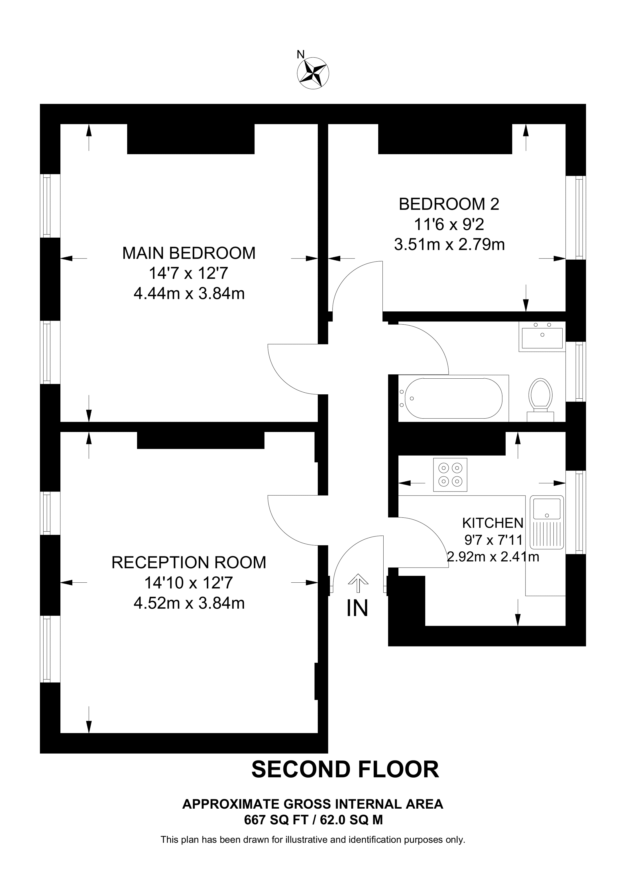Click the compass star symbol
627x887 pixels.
[x=313, y=74]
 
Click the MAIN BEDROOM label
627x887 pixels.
[x=189, y=253]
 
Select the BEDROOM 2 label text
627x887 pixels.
[x=449, y=204]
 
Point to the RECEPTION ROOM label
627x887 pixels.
[x=189, y=562]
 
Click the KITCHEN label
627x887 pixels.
[x=492, y=523]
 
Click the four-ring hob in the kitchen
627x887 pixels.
[x=450, y=475]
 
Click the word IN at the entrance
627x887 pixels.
[x=357, y=608]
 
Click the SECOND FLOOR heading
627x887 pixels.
[x=345, y=769]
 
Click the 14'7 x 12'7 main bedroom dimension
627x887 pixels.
[x=189, y=274]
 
